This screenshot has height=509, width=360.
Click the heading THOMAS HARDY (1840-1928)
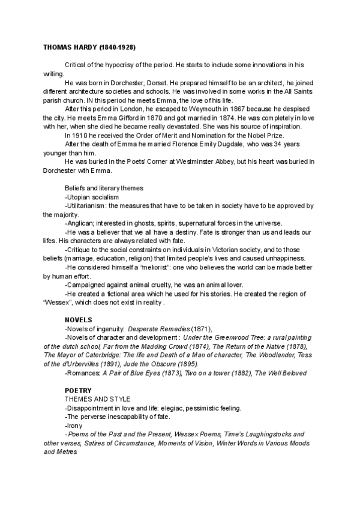click(x=89, y=47)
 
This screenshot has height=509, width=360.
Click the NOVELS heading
click(x=79, y=320)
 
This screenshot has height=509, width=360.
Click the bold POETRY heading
click(x=78, y=390)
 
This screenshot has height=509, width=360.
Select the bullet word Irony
click(x=74, y=425)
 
